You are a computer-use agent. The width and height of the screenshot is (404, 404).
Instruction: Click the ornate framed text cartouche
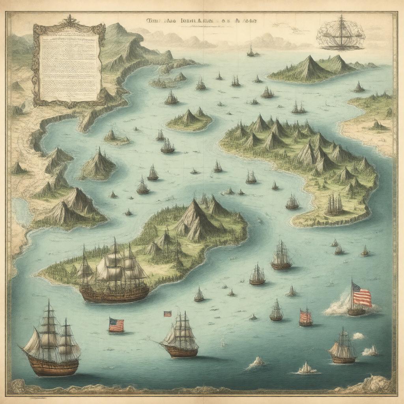pyautogui.click(x=69, y=65)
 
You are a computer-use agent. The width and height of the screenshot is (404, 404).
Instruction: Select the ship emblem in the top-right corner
pyautogui.click(x=340, y=33)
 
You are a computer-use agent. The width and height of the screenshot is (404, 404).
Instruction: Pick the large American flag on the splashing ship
pyautogui.click(x=362, y=295)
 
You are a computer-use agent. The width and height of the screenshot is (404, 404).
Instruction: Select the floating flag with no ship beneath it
pyautogui.click(x=116, y=325)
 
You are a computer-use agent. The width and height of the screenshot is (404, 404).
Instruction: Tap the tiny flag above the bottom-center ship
pyautogui.click(x=168, y=314)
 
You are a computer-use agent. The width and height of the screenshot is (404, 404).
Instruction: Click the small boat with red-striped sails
pyautogui.click(x=305, y=317)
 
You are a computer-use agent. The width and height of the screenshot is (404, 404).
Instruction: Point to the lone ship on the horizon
pyautogui.click(x=250, y=51)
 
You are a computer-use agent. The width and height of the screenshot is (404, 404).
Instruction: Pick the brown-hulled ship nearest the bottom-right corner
pyautogui.click(x=342, y=349)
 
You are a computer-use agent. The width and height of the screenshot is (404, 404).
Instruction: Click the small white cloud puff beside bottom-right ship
pyautogui.click(x=358, y=336)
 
